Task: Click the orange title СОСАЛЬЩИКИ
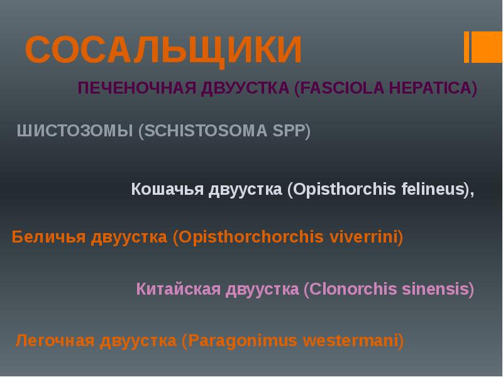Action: point(163,50)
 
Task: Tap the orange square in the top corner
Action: point(487,46)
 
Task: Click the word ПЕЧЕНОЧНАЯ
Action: point(137,88)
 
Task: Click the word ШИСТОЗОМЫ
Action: point(75,131)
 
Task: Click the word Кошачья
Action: point(167,189)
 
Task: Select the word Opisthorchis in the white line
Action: point(341,189)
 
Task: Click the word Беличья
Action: point(48,238)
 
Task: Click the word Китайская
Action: point(179,289)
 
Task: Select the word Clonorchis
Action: point(350,289)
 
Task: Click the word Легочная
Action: point(55,341)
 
